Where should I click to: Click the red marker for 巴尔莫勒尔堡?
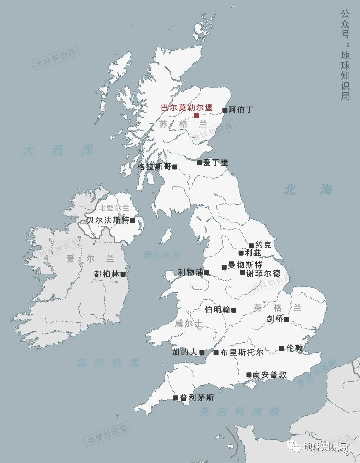(x=196, y=116)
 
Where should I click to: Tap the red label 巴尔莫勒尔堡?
(x=187, y=108)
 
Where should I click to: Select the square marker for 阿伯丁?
(x=225, y=110)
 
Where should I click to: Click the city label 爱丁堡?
(x=216, y=162)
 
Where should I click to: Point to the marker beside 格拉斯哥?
(x=175, y=167)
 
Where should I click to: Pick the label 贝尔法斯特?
(x=108, y=220)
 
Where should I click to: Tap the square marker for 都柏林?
(x=123, y=274)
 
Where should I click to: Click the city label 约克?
(x=263, y=245)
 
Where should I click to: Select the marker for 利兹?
(x=241, y=253)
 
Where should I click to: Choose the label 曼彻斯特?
(x=245, y=265)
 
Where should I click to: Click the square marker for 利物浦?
(x=207, y=273)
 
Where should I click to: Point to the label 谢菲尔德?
(x=263, y=273)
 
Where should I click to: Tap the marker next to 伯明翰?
(x=234, y=310)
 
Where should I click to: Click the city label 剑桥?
(x=275, y=319)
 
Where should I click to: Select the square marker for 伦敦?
(x=282, y=348)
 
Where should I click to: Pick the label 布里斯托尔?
(x=242, y=352)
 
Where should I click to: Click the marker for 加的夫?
(x=202, y=352)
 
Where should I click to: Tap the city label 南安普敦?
(x=269, y=375)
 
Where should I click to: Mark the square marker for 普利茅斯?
(x=176, y=398)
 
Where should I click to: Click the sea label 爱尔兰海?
(x=162, y=255)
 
